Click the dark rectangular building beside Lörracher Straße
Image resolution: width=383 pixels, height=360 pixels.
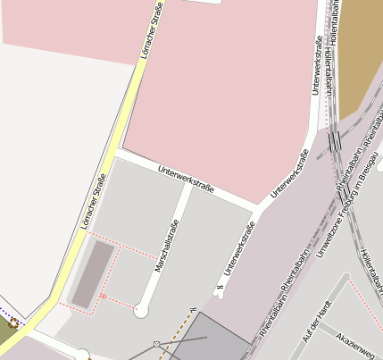point(94,275)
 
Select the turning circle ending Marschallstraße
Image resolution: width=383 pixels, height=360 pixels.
point(141,311)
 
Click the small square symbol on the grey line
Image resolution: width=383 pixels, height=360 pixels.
point(156,344)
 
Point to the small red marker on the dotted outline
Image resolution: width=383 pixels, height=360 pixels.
point(103,296)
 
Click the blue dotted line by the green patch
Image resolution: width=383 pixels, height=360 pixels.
point(4,314)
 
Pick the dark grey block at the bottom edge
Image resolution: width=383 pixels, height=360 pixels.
point(214,339)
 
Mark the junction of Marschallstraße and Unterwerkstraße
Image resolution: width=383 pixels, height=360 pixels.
point(187,188)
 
